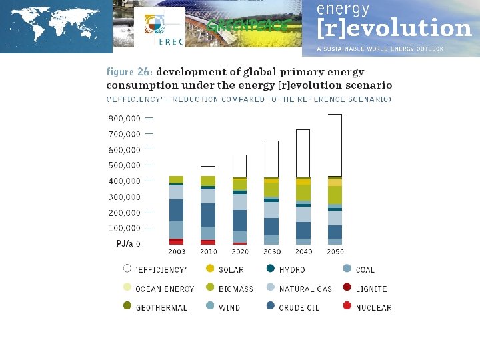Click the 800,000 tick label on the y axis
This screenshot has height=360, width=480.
coord(123,119)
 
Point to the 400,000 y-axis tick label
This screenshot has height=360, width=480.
coord(123,181)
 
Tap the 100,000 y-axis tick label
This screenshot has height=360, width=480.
coord(123,229)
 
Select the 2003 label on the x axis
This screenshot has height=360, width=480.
coord(176,252)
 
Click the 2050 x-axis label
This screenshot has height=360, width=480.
coord(335,252)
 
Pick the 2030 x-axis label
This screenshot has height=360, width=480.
coord(271,252)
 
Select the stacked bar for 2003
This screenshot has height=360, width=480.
coord(176,210)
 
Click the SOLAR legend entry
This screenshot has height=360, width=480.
coord(231,270)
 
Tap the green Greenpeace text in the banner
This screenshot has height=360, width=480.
coord(248,26)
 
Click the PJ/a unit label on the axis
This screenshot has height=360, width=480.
coord(124,244)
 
